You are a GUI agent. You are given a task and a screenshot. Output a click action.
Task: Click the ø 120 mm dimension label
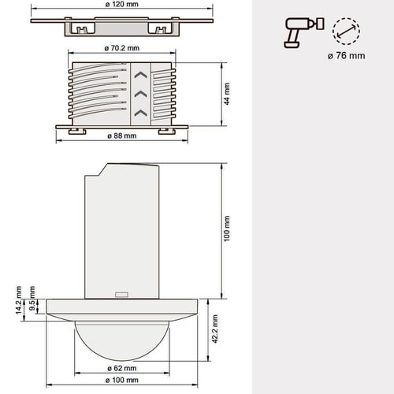click(122, 5)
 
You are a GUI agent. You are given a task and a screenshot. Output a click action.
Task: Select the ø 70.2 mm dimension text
click(122, 48)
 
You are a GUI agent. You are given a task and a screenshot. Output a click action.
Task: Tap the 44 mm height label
click(227, 94)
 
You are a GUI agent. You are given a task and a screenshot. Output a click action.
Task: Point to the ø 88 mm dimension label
click(122, 136)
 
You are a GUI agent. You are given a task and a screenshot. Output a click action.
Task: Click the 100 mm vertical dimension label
click(227, 229)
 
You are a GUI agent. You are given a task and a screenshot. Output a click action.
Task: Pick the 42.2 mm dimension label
click(215, 329)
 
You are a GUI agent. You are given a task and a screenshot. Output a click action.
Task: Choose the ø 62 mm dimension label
click(122, 368)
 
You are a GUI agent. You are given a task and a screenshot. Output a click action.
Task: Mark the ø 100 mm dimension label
click(122, 380)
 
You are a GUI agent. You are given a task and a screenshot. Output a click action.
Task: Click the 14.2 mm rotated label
click(19, 300)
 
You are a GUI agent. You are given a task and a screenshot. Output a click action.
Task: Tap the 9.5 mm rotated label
click(32, 298)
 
